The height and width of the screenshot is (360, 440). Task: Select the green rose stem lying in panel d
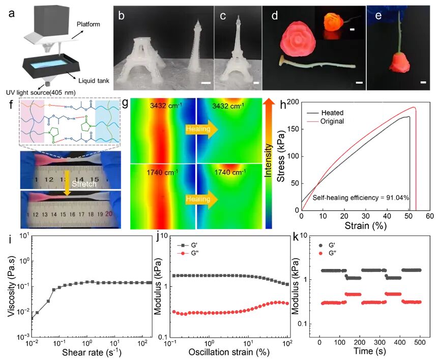pos(310,65)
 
